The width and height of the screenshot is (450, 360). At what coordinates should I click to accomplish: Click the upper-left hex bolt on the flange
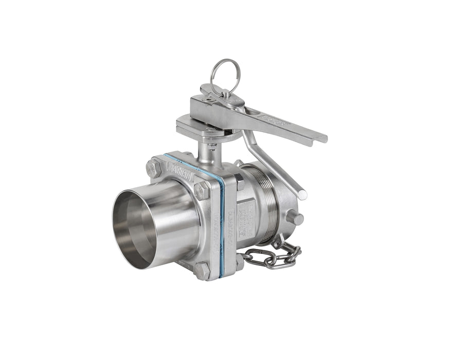tap(154, 168)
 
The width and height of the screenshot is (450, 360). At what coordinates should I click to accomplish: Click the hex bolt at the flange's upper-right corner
tap(202, 190)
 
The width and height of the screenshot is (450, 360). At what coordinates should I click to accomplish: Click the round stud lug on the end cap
tap(295, 218)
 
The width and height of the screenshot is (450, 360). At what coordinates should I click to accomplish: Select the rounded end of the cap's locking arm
tap(302, 194)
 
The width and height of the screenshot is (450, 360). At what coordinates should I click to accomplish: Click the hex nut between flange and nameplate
tap(240, 182)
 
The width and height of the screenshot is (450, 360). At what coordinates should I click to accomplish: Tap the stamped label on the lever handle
tap(278, 122)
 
